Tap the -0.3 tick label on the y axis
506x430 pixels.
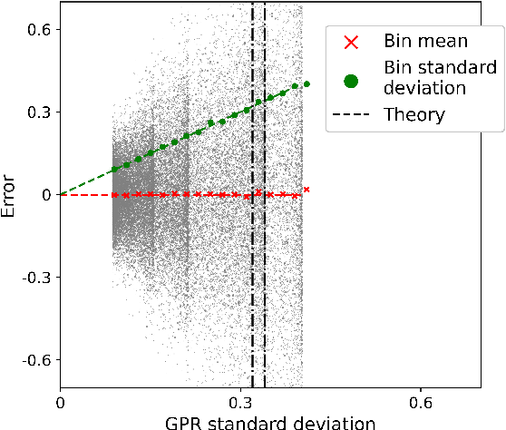(33, 277)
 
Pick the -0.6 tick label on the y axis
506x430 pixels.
(33, 359)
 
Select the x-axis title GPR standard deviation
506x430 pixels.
(270, 422)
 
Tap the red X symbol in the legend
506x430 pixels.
(351, 42)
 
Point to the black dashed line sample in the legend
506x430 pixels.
(351, 114)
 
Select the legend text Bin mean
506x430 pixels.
(426, 42)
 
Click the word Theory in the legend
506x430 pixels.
(414, 114)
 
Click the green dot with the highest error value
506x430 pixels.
(307, 83)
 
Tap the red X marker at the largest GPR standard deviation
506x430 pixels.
(307, 189)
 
